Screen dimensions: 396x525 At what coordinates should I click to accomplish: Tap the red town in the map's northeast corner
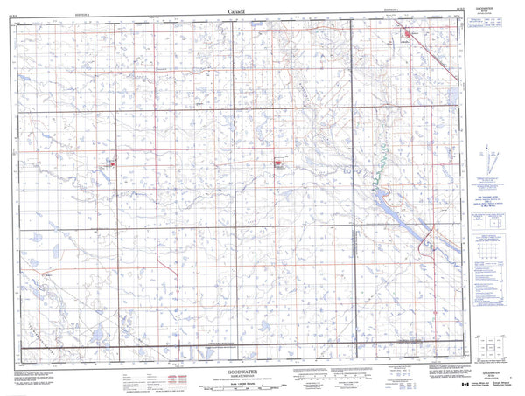[407, 35]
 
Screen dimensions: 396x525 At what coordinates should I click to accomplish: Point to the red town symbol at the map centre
[279, 162]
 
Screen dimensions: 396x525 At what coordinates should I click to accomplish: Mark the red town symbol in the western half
[111, 163]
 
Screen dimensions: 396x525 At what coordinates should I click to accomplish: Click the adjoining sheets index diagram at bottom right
[488, 350]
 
